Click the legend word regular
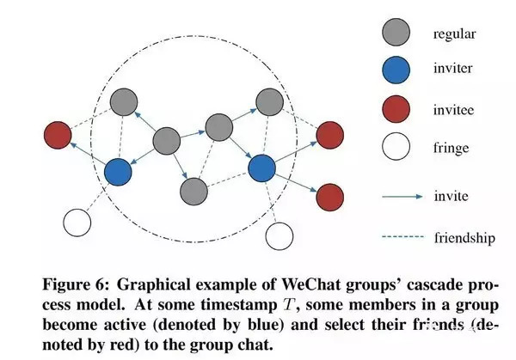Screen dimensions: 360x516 453,34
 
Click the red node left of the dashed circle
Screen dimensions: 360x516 58,134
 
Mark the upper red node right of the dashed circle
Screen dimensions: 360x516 329,135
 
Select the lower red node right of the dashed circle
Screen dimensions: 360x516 329,197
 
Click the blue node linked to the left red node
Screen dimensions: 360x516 119,172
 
